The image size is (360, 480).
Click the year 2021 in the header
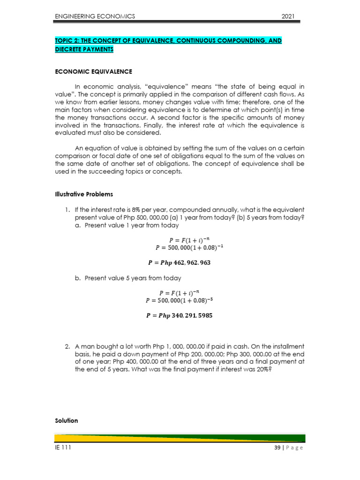point(287,16)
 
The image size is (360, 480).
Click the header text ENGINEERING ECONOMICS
point(95,16)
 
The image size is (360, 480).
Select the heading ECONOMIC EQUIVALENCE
point(94,72)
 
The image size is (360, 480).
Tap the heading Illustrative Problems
point(84,194)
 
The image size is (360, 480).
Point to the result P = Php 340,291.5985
point(180,315)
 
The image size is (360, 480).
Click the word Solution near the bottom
point(67,420)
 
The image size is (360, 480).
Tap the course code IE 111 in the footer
point(63,448)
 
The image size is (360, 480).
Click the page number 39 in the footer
point(277,448)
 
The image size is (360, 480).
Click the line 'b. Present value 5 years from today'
point(128,278)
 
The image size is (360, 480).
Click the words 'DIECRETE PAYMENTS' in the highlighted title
point(84,50)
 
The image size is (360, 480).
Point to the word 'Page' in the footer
point(294,448)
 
